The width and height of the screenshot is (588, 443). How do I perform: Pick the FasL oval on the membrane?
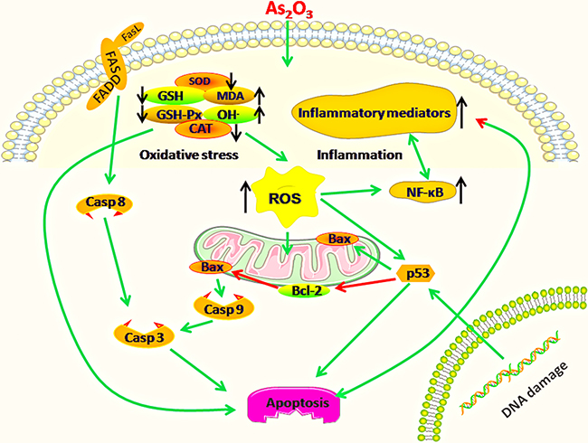pos(126,39)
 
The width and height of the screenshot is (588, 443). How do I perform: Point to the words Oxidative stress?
pos(188,156)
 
